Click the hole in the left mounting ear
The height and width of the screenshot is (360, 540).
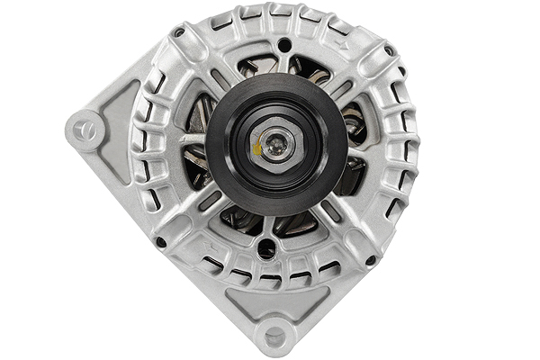[x=85, y=129]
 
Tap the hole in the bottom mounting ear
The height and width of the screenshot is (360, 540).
[x=274, y=337]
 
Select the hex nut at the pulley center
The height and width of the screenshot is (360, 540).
[x=275, y=142]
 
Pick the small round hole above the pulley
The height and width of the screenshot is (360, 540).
[x=284, y=45]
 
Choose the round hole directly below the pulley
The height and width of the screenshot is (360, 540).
[x=267, y=249]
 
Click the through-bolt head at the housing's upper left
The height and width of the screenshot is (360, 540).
[x=179, y=33]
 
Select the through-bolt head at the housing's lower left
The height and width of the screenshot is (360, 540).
[x=161, y=241]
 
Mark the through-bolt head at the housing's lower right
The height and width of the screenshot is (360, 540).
[x=371, y=260]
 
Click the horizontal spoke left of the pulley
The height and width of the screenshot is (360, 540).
[x=192, y=140]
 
